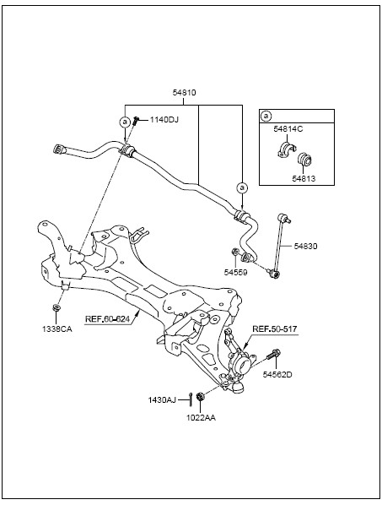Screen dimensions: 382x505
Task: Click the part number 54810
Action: tap(184, 93)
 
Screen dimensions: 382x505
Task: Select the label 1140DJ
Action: tap(164, 120)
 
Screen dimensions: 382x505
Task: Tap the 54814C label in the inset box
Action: tap(288, 129)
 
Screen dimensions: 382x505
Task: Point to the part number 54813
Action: tap(304, 178)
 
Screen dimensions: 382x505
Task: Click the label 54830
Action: tap(305, 246)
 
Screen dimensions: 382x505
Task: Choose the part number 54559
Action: tap(236, 273)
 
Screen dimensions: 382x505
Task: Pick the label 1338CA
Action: tap(57, 329)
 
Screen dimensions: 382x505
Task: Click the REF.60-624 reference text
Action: tap(107, 319)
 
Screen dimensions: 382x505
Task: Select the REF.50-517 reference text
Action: tap(275, 329)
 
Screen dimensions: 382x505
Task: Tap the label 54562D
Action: tap(277, 375)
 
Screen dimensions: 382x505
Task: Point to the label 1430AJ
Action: tap(162, 400)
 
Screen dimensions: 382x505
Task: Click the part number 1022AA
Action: tap(201, 418)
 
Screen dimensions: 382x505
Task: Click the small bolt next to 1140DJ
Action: tap(136, 121)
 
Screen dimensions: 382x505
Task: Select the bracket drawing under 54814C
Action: tap(286, 150)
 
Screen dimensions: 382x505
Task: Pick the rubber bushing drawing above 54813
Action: tap(304, 160)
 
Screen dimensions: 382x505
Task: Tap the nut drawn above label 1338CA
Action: tap(56, 307)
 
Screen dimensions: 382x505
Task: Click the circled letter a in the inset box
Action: tap(266, 116)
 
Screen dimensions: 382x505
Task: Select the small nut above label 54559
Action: tap(235, 251)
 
